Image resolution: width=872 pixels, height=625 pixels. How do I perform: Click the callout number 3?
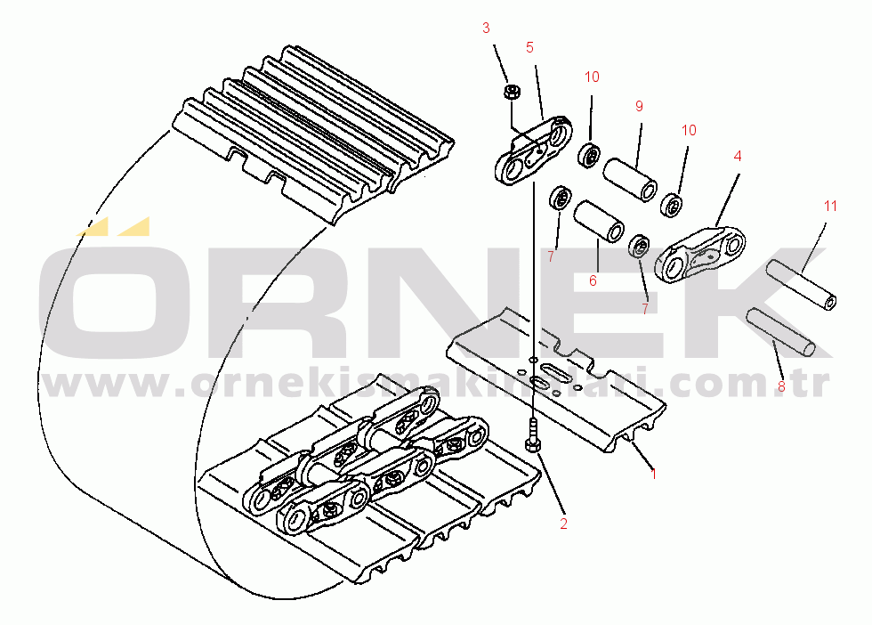(x=486, y=28)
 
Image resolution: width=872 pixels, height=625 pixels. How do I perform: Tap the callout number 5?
(x=529, y=48)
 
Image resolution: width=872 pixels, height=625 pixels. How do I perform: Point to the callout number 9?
(x=639, y=106)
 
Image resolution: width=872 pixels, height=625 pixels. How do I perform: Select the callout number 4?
(x=738, y=157)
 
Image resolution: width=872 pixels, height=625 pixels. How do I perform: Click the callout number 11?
(x=830, y=207)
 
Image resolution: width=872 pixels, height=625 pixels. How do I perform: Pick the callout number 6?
(x=593, y=281)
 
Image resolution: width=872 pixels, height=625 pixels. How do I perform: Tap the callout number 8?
(x=781, y=386)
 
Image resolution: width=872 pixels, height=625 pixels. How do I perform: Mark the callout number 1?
(x=654, y=475)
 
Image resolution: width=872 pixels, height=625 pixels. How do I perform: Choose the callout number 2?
(x=563, y=524)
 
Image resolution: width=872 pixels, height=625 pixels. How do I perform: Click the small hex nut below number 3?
(x=512, y=92)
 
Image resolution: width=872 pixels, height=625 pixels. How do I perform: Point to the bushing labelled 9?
(x=630, y=180)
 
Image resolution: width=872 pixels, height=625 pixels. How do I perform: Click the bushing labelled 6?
(x=598, y=222)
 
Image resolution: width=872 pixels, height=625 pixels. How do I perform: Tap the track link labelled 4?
(x=700, y=255)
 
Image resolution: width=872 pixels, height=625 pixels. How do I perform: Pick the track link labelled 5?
(x=534, y=150)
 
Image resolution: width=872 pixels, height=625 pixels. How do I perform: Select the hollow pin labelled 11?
(x=802, y=285)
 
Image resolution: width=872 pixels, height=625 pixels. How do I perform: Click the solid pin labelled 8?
(x=781, y=333)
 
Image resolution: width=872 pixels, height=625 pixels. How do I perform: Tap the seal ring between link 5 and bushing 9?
(x=588, y=155)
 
